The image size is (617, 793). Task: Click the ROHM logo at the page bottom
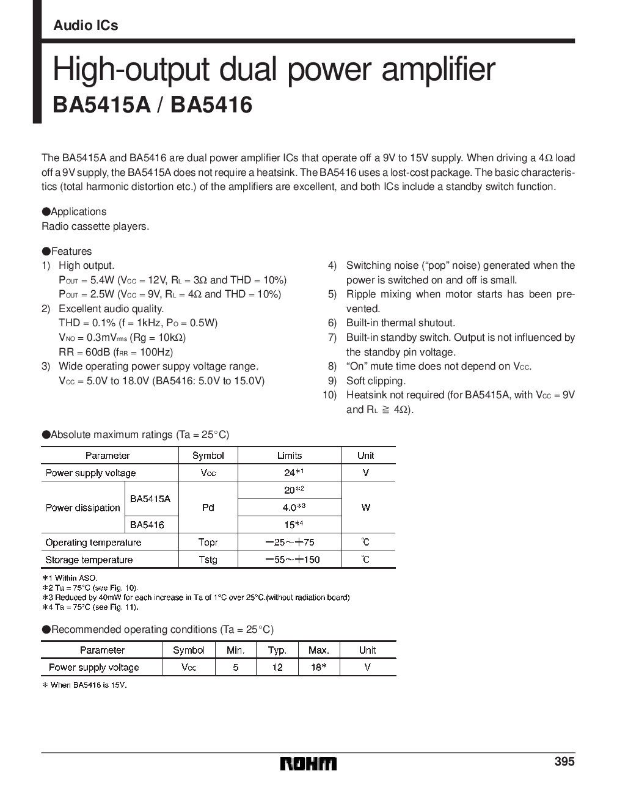pos(308,764)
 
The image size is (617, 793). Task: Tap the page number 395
pos(564,762)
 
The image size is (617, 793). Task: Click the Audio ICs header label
pos(86,26)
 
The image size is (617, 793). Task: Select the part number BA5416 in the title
pos(212,104)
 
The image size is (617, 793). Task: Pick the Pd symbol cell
pos(208,507)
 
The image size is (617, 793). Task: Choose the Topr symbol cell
pos(208,542)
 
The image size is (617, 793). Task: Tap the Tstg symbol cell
pos(208,559)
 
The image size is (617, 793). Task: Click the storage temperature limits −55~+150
pos(292,559)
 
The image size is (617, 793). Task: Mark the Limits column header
pos(290,455)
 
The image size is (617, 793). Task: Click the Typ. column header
pos(277,650)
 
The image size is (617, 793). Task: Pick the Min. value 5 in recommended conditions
pos(236,667)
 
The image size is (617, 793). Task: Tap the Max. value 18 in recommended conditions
pos(318,667)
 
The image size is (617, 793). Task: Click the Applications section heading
pos(74,211)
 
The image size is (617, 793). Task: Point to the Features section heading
pos(67,251)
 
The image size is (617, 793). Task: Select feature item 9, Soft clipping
pos(376,381)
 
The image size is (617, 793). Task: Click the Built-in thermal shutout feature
pos(401,323)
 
